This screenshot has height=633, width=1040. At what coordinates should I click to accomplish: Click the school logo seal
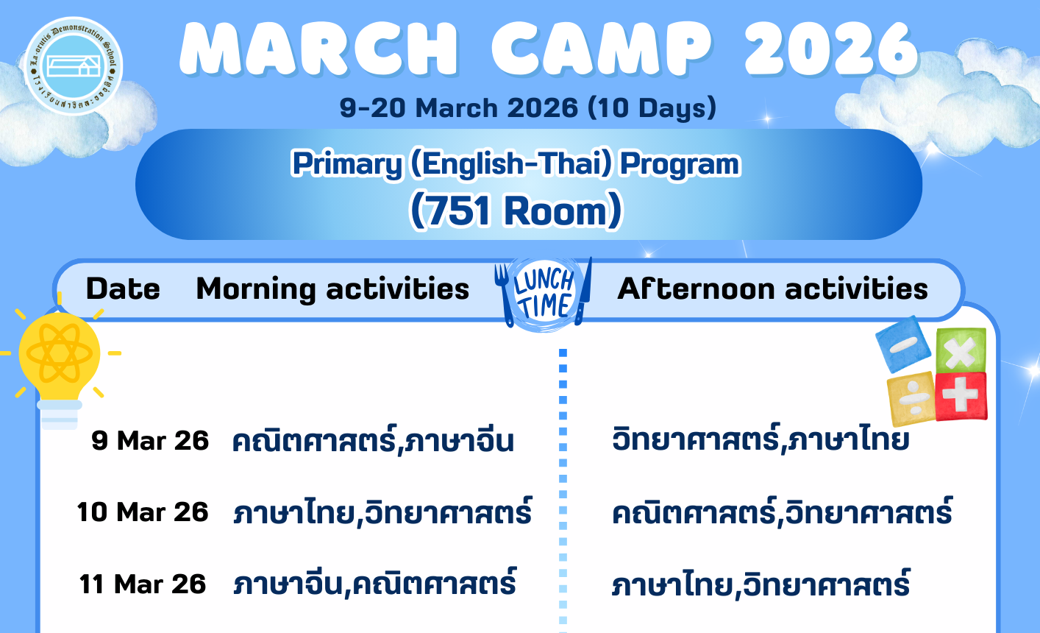tap(74, 66)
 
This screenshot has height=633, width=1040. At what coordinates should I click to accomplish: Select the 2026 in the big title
tap(831, 49)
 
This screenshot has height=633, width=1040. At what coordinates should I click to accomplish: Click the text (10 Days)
tap(652, 107)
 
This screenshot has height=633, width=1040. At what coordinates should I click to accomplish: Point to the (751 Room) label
tap(516, 211)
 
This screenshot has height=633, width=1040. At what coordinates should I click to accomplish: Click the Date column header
tap(123, 289)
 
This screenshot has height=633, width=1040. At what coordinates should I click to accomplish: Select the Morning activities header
tap(332, 289)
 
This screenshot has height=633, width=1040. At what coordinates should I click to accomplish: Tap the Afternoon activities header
tap(772, 289)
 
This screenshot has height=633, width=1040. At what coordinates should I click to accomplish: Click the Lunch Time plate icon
tap(544, 294)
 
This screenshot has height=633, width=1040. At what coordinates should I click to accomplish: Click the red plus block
tap(961, 397)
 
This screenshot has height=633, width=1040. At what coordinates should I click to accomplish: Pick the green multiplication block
tap(961, 350)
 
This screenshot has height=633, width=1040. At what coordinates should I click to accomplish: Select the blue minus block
tap(903, 344)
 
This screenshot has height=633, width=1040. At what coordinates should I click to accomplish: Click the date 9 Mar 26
tap(150, 441)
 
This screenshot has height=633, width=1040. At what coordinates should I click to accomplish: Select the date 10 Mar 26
tap(143, 512)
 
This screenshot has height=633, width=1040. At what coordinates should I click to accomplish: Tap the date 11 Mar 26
tap(143, 584)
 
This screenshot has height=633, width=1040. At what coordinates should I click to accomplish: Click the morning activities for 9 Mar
tap(373, 439)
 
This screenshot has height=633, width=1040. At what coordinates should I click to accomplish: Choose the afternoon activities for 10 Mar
tap(783, 512)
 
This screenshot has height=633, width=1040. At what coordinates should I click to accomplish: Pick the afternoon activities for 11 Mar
tap(761, 583)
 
